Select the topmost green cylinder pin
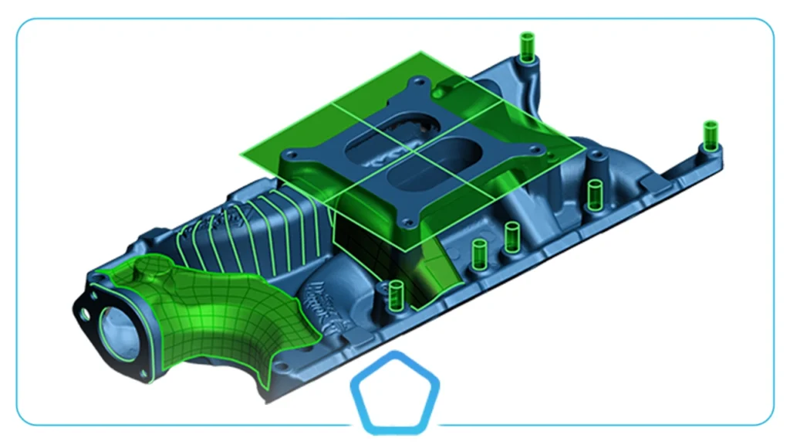(527, 47)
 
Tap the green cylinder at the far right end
(710, 135)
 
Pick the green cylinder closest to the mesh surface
(397, 294)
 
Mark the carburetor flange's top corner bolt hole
(417, 80)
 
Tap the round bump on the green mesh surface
(143, 271)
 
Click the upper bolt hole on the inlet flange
(93, 294)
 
